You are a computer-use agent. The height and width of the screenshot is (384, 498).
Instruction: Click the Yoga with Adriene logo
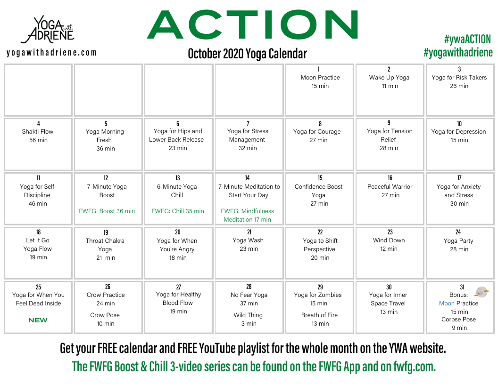(48, 30)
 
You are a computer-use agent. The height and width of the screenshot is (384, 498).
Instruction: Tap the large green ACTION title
(253, 25)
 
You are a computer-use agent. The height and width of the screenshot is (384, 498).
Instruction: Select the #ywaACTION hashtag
(467, 39)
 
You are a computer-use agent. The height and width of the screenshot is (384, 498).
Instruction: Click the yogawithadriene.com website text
(51, 53)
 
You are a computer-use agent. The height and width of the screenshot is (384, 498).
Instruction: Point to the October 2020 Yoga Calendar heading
(248, 54)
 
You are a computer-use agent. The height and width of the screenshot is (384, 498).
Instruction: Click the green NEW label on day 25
(38, 320)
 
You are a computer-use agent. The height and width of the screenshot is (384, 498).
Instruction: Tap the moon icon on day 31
(481, 292)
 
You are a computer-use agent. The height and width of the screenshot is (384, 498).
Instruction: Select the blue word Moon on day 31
(447, 303)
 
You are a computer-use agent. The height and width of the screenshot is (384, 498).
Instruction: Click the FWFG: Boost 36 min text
(107, 211)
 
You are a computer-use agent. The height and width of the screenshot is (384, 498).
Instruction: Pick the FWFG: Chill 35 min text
(177, 211)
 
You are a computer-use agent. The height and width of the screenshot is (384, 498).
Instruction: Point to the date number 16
(390, 178)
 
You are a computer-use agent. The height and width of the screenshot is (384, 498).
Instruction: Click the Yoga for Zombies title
(317, 295)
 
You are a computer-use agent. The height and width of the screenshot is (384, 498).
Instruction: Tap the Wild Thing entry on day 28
(248, 315)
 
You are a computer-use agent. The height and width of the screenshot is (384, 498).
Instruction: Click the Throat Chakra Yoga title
(105, 245)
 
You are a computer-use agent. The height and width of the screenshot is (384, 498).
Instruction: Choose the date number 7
(248, 124)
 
